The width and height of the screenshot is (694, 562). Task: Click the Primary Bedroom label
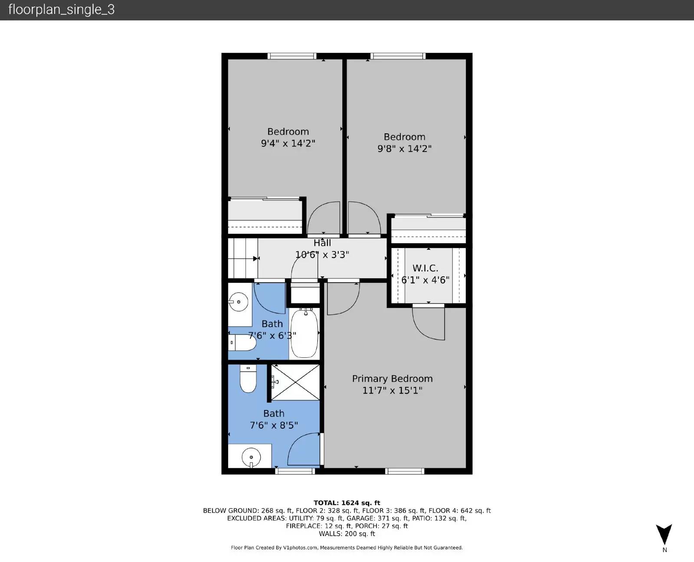(392, 379)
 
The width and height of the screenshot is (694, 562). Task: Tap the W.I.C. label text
(425, 268)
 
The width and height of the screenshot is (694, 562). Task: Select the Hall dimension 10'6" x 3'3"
(322, 255)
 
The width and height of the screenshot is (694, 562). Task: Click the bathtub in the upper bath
(304, 333)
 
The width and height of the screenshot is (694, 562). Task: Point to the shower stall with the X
(295, 382)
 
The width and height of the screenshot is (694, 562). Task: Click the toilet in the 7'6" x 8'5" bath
(248, 379)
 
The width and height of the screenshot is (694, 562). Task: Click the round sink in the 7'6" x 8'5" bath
(251, 457)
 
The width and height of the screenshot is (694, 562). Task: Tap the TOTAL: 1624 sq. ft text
(347, 503)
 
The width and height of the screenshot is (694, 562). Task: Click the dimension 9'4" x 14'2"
(288, 143)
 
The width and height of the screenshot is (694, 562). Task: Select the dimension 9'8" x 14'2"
(404, 149)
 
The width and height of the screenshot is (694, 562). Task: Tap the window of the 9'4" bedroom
(291, 56)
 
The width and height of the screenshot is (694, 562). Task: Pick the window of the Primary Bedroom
(405, 471)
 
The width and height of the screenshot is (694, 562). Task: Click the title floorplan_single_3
(61, 10)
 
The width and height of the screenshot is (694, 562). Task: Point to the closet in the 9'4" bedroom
(265, 216)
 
